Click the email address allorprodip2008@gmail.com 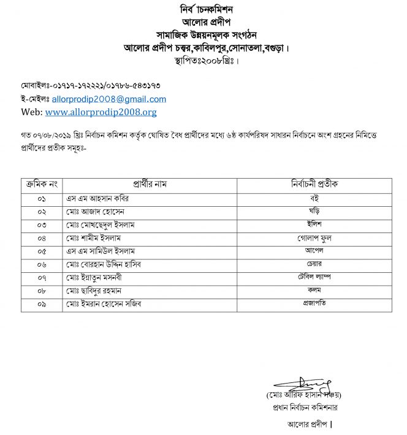[109, 99]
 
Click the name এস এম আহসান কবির [99, 199]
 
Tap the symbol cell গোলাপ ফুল [314, 237]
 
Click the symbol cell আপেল [314, 250]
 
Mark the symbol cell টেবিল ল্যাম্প [314, 277]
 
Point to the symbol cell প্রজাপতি [314, 304]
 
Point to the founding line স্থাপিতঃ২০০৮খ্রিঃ [203, 61]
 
